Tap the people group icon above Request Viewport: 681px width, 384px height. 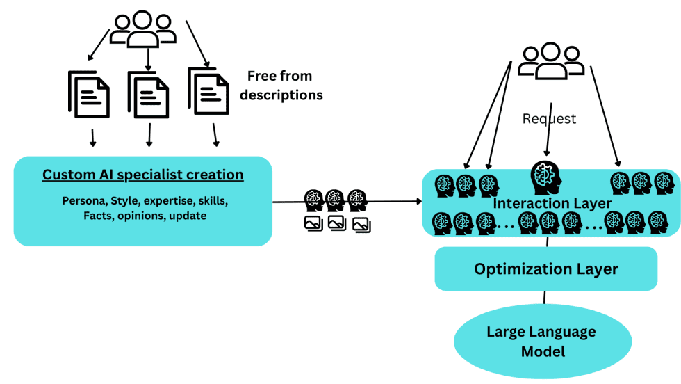(550, 61)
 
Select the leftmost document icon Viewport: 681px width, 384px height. (89, 95)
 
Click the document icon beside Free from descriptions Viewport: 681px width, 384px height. (208, 92)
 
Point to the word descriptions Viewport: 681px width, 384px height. (281, 95)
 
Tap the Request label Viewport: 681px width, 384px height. (549, 119)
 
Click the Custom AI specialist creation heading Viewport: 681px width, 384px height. (142, 175)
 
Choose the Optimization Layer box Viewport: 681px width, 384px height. (545, 269)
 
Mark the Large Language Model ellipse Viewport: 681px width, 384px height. (542, 341)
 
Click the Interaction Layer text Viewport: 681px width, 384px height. (552, 203)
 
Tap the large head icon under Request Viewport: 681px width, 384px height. (545, 178)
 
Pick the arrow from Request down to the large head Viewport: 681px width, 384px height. (548, 142)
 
